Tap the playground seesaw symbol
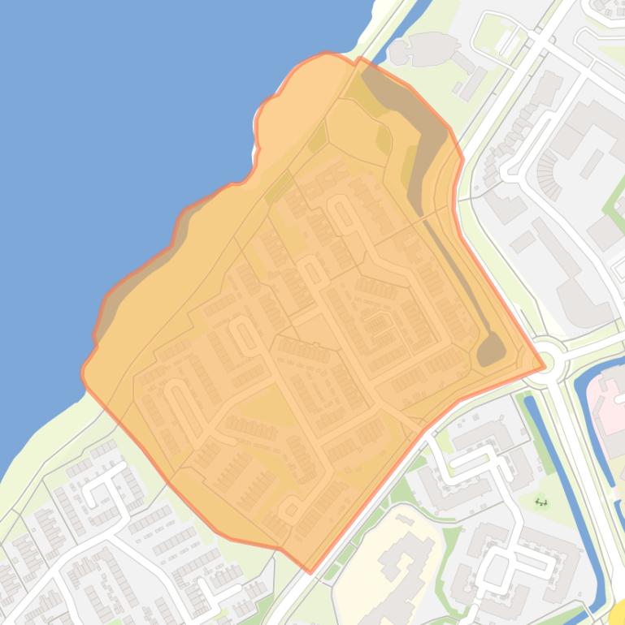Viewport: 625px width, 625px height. coord(541,502)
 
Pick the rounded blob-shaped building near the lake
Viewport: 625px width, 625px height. coord(423,49)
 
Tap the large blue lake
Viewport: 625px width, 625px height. coord(122,122)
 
